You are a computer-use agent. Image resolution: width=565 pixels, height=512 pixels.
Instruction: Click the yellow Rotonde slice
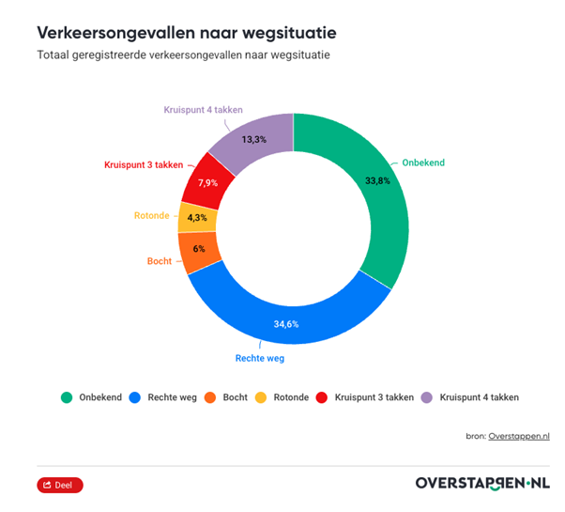pyautogui.click(x=197, y=217)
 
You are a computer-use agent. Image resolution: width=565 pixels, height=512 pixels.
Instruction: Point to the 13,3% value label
pyautogui.click(x=253, y=139)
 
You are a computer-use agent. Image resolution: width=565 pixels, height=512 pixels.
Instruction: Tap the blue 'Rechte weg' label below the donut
pyautogui.click(x=259, y=358)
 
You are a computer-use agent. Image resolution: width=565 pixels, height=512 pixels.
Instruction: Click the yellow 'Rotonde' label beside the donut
pyautogui.click(x=152, y=215)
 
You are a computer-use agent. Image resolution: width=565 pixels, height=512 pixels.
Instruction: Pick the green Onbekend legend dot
pyautogui.click(x=67, y=397)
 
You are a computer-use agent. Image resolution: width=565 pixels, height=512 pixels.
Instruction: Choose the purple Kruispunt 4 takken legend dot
pyautogui.click(x=427, y=397)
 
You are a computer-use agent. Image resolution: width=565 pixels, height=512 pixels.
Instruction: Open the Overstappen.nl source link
pyautogui.click(x=519, y=436)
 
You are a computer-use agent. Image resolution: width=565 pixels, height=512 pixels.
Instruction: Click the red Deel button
pyautogui.click(x=60, y=485)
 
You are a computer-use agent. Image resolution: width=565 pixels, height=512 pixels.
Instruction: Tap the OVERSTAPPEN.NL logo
pyautogui.click(x=482, y=484)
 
